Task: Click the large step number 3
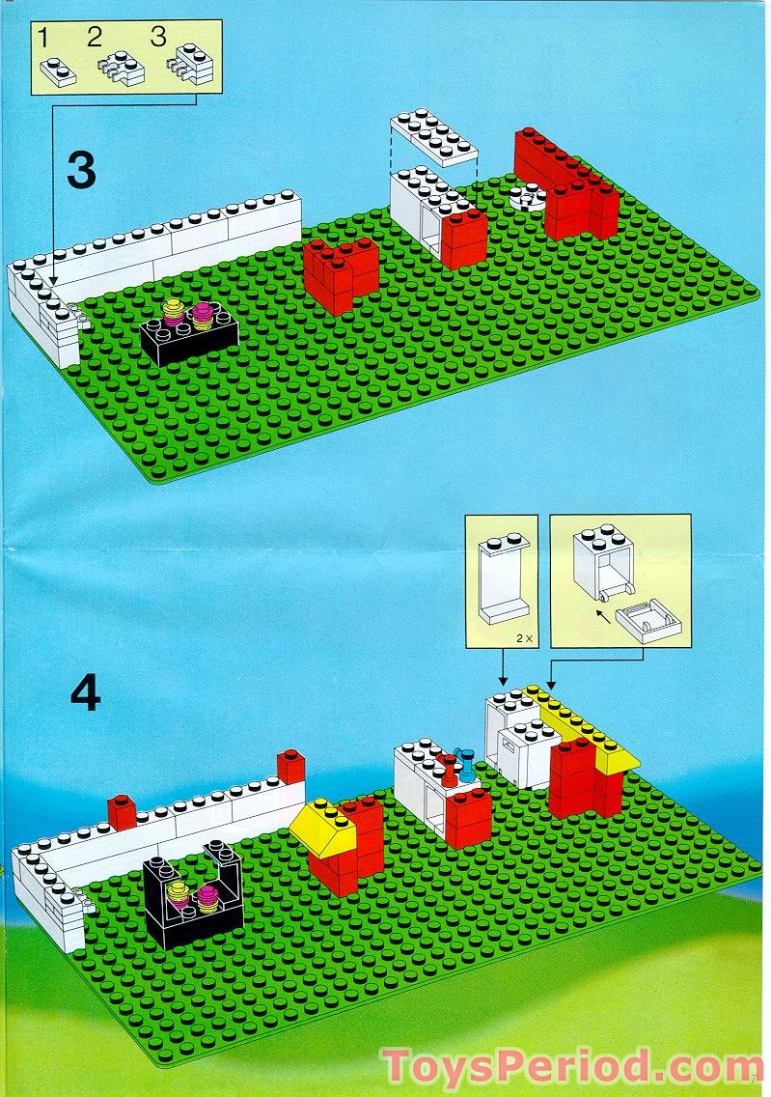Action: pos(82,170)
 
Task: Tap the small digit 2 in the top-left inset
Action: pos(94,39)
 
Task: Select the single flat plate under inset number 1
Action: pos(57,71)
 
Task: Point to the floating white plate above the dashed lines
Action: pos(434,134)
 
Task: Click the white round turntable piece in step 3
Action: pos(527,199)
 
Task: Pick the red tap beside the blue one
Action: pos(448,771)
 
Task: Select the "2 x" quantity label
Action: pos(522,638)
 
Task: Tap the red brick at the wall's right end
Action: pos(290,767)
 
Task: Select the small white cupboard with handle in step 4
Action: pos(526,754)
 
